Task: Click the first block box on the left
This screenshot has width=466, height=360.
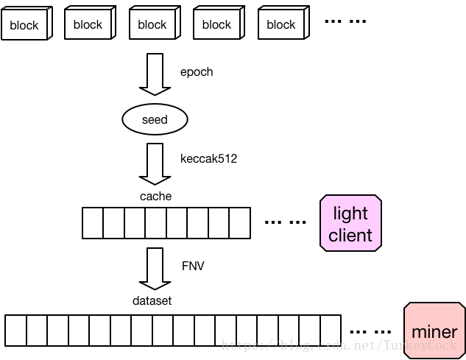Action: point(24,25)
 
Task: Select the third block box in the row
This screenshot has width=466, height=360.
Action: point(152,24)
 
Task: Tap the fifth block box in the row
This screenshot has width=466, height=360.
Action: point(281,24)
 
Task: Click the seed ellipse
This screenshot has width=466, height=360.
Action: point(155,119)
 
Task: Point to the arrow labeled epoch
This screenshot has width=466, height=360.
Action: point(155,74)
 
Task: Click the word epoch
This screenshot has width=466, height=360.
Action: point(196,72)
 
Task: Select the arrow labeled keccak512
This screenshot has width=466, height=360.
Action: point(155,163)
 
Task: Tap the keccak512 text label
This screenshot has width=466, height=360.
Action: point(208,158)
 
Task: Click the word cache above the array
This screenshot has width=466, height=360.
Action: point(155,196)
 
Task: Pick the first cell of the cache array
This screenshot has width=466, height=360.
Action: point(92,223)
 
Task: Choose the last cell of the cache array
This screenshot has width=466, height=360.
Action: point(240,223)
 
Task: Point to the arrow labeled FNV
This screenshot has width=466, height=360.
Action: point(155,269)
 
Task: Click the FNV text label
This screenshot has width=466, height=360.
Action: point(192,266)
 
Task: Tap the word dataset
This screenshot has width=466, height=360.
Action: point(152,300)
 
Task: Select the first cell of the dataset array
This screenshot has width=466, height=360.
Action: point(15,330)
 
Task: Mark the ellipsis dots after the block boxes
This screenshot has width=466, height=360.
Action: point(345,21)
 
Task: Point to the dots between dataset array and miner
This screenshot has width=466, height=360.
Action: point(370,330)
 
